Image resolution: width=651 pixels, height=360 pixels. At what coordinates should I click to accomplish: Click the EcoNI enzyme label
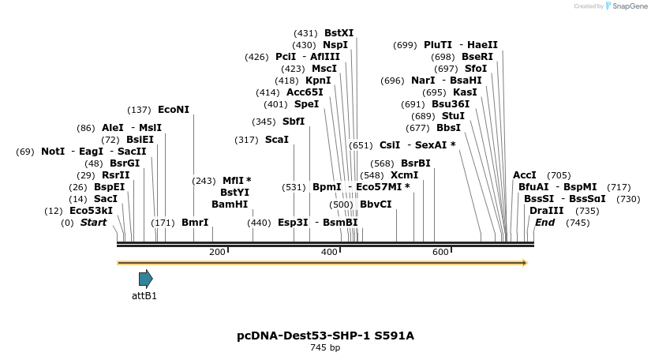click(x=174, y=110)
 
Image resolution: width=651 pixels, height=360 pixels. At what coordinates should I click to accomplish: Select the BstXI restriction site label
click(x=339, y=33)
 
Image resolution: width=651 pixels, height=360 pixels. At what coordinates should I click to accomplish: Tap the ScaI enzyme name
click(x=277, y=140)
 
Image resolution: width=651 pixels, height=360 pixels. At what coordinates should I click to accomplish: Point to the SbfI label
click(x=294, y=122)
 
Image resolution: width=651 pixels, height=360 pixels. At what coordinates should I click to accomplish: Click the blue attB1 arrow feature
click(x=145, y=278)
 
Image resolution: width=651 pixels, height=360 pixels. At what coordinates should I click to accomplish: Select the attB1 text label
click(x=144, y=296)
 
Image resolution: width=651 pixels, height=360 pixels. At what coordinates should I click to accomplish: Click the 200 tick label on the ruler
click(x=217, y=252)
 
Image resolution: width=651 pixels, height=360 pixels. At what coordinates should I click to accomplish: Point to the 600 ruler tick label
click(x=440, y=252)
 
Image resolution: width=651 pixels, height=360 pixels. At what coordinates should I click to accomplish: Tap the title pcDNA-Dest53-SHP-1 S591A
click(x=325, y=336)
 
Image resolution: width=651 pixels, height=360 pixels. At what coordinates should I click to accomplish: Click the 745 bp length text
click(x=325, y=347)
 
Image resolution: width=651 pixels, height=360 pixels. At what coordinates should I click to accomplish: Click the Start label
click(x=93, y=223)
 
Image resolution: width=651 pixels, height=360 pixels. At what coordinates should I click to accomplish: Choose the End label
click(x=544, y=223)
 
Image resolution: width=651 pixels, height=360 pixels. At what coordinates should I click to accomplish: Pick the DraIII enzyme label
click(x=547, y=211)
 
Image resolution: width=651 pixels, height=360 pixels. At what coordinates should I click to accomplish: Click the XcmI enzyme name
click(x=405, y=175)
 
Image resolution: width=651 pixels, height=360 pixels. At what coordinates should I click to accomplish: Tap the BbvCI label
click(x=376, y=204)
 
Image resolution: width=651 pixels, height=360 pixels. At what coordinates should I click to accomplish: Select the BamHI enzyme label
click(x=230, y=204)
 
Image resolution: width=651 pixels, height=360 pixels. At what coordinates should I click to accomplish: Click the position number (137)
click(x=139, y=110)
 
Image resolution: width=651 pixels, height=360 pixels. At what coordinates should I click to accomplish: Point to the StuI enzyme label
click(x=453, y=116)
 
